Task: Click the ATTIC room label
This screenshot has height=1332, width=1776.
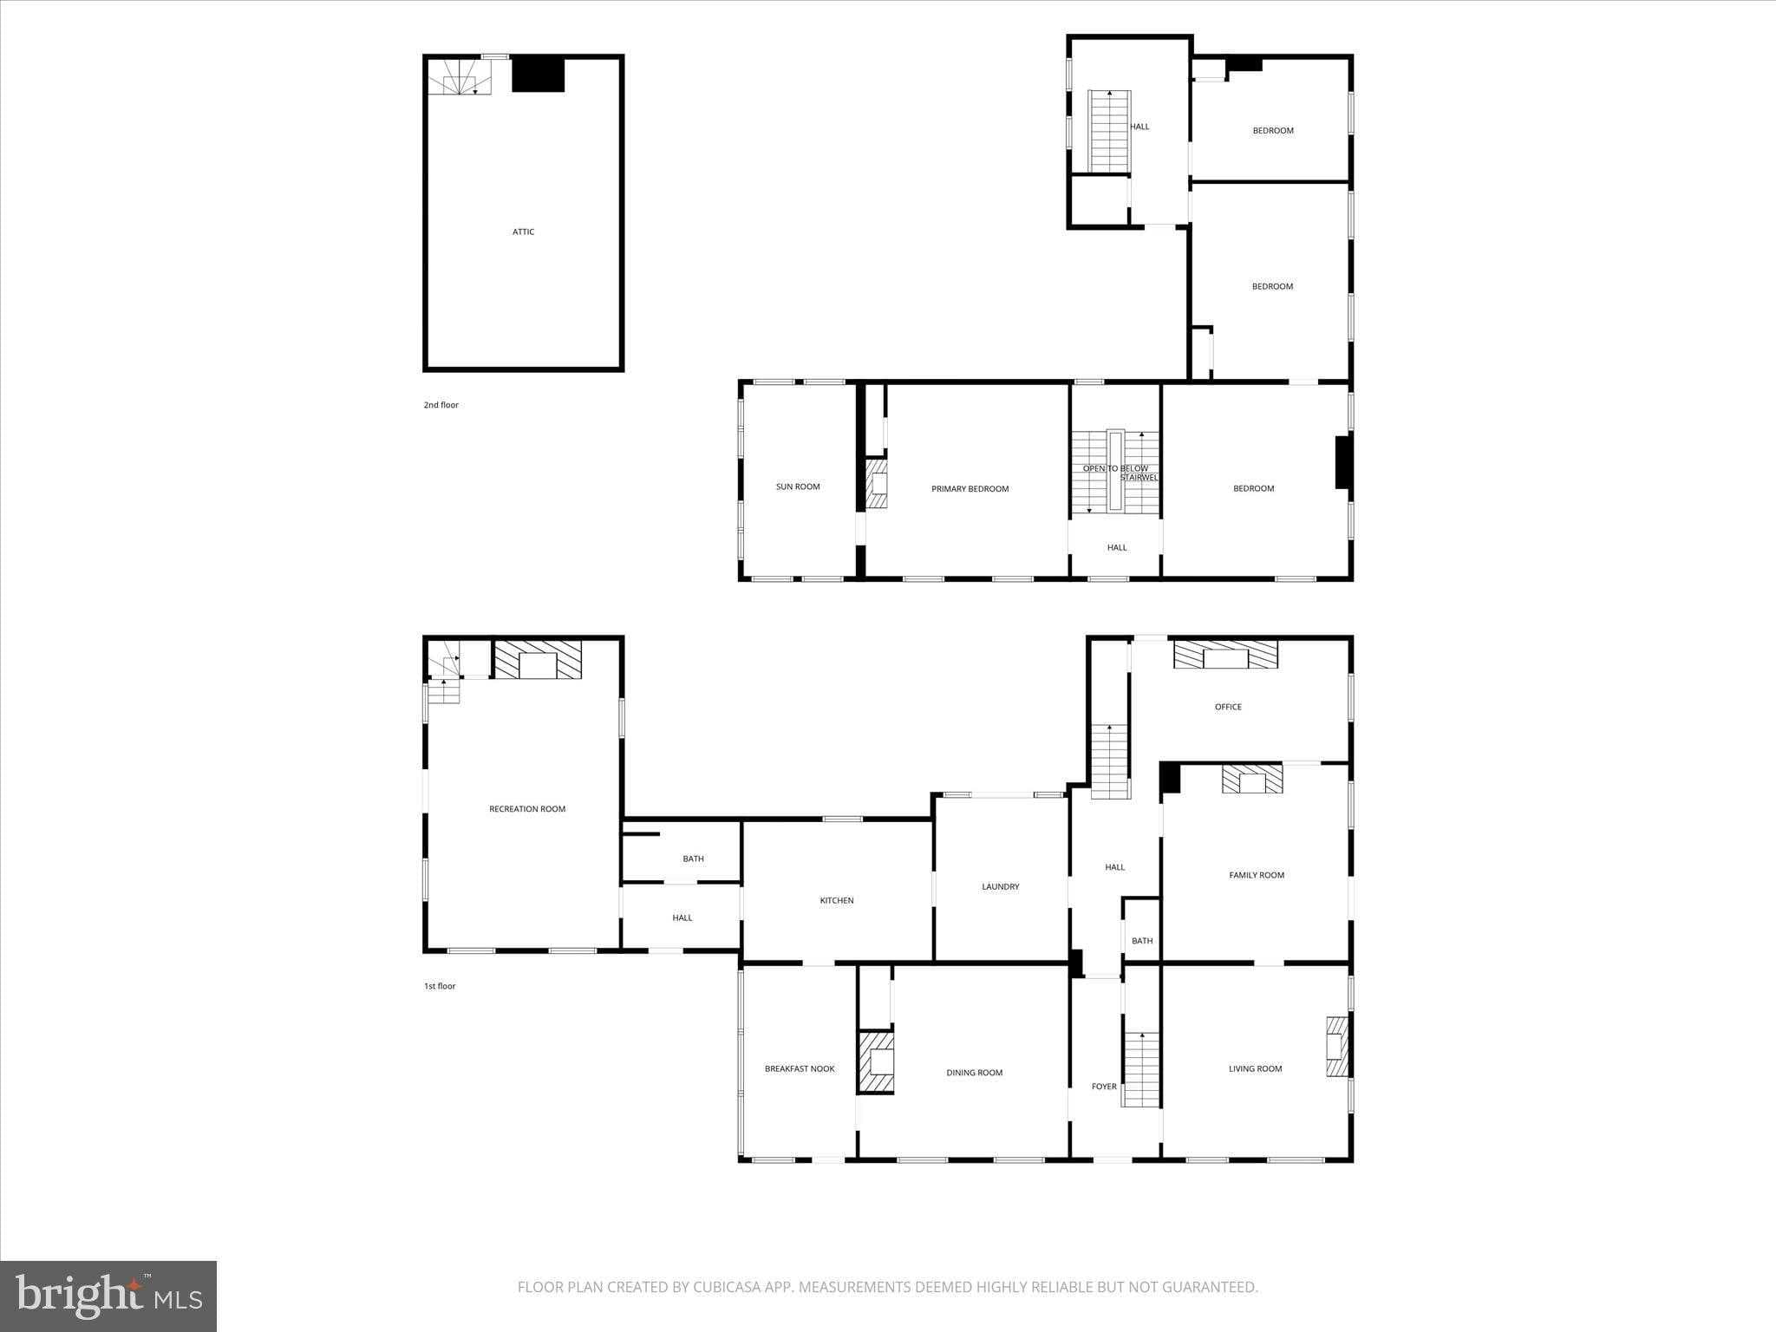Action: pyautogui.click(x=523, y=232)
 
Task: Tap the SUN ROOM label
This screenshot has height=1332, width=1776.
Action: pyautogui.click(x=797, y=486)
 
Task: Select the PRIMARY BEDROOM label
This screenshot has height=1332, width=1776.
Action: pyautogui.click(x=970, y=489)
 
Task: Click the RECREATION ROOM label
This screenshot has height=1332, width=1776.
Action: pyautogui.click(x=527, y=809)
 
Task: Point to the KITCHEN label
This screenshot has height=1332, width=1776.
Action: pyautogui.click(x=837, y=900)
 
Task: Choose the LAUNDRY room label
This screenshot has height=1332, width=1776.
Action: pyautogui.click(x=1000, y=886)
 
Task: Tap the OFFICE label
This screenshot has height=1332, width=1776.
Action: pyautogui.click(x=1228, y=707)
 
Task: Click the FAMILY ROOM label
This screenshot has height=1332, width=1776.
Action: pyautogui.click(x=1257, y=875)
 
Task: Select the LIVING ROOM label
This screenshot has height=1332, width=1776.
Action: pyautogui.click(x=1255, y=1068)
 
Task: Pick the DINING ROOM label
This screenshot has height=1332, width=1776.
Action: pyautogui.click(x=974, y=1073)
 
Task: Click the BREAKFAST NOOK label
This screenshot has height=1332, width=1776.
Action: pyautogui.click(x=800, y=1068)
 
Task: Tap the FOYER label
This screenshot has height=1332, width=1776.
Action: pyautogui.click(x=1104, y=1087)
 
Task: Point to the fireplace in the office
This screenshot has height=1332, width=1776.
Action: pyautogui.click(x=1225, y=655)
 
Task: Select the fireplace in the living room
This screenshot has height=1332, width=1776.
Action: pyautogui.click(x=1337, y=1046)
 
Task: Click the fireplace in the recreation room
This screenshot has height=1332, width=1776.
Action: pyautogui.click(x=538, y=660)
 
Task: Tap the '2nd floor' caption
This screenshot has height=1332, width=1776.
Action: pyautogui.click(x=441, y=405)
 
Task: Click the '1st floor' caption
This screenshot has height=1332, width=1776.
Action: pyautogui.click(x=440, y=986)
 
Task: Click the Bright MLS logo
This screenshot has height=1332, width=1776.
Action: pyautogui.click(x=108, y=1296)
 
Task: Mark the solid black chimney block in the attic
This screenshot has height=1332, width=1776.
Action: pyautogui.click(x=539, y=75)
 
